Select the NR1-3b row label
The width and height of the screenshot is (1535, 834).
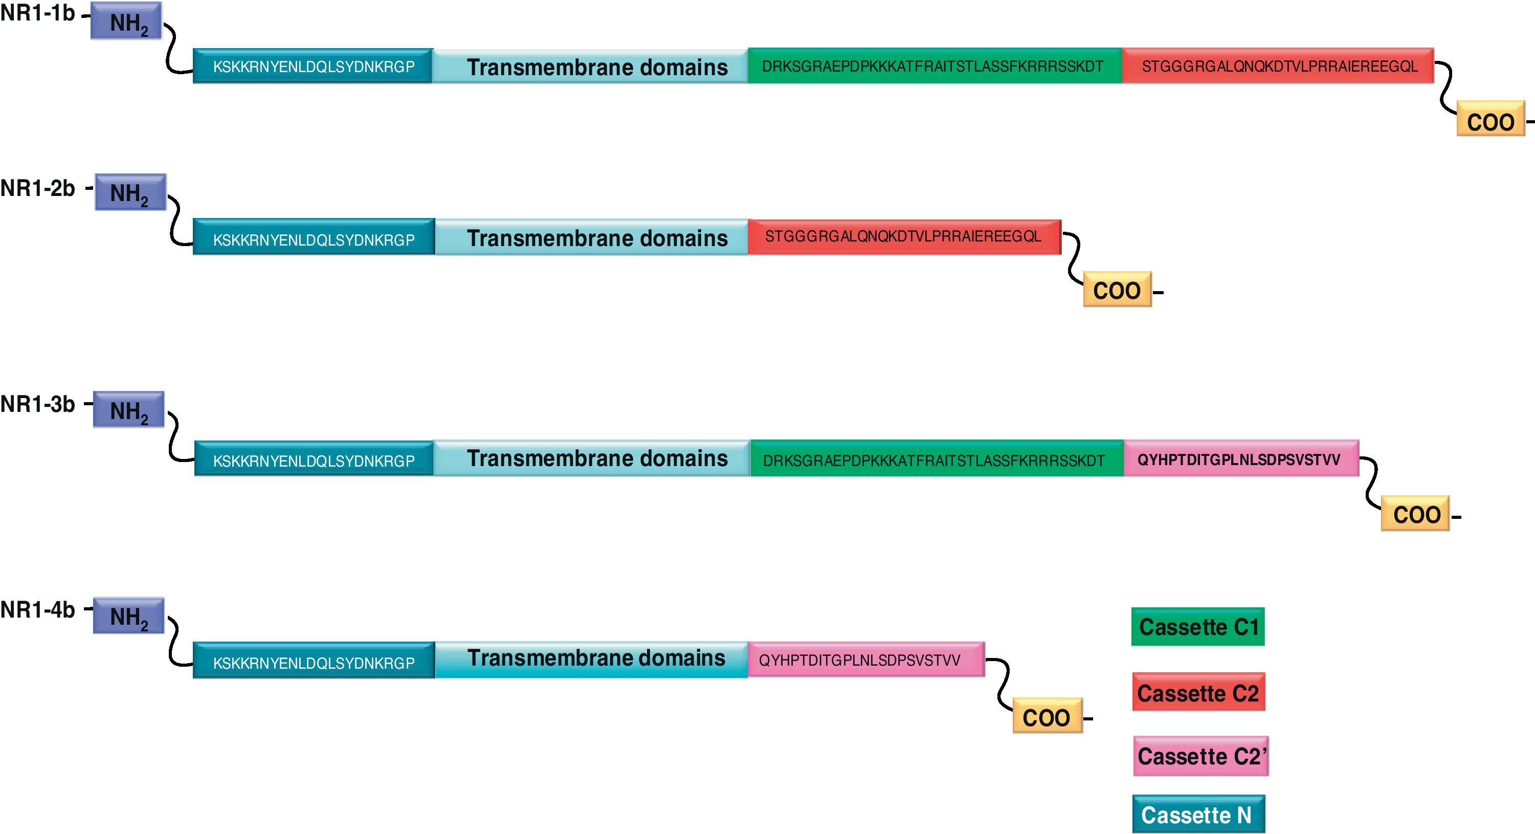click(37, 404)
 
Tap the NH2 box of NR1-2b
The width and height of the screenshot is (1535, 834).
click(130, 192)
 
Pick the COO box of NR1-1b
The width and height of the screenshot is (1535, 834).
click(1490, 119)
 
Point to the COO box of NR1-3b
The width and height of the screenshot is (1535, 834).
click(1415, 513)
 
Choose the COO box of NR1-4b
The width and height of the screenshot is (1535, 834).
click(1047, 716)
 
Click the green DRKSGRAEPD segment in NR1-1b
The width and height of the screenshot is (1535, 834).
click(934, 66)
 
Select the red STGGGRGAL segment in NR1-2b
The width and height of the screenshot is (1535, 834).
click(904, 237)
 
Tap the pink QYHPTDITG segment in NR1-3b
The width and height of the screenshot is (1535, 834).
click(1240, 459)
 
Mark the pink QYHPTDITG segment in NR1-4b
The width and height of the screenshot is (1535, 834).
click(866, 660)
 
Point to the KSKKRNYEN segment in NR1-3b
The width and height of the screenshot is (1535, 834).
click(314, 459)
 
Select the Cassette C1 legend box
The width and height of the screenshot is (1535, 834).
click(1198, 627)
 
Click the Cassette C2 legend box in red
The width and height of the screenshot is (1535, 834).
click(1198, 693)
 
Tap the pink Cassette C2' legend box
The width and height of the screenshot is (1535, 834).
click(1200, 756)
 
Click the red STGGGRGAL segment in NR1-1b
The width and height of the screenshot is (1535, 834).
click(1278, 66)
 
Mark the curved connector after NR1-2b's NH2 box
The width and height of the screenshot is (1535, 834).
click(174, 221)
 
